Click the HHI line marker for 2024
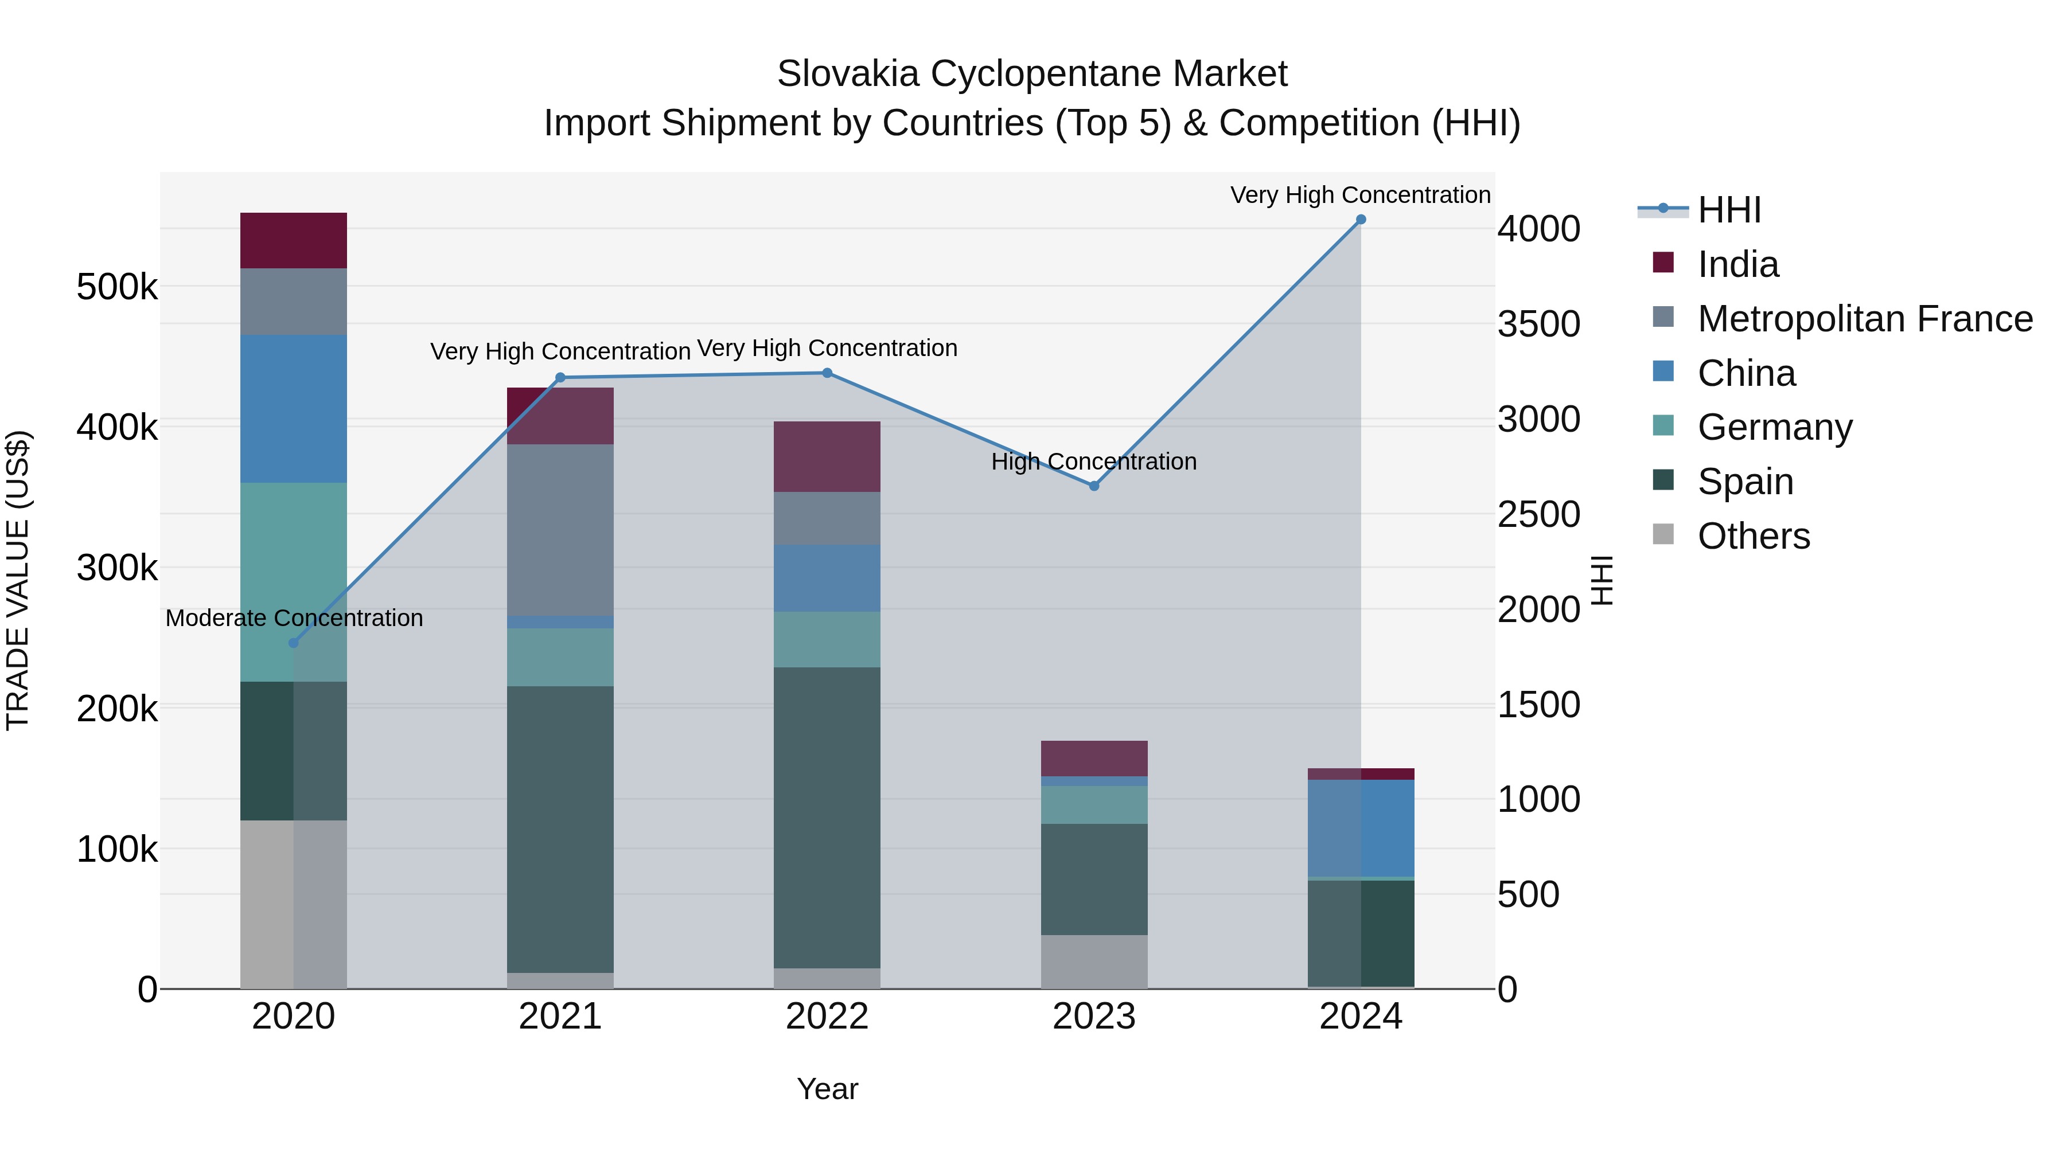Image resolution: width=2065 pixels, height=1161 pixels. (x=1361, y=220)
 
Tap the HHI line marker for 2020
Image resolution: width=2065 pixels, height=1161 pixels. (x=293, y=643)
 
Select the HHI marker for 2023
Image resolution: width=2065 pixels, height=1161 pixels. (x=1093, y=486)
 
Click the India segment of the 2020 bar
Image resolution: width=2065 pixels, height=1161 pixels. (x=293, y=240)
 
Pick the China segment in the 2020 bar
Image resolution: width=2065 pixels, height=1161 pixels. (x=293, y=409)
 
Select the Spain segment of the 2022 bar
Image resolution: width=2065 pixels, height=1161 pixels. (x=827, y=817)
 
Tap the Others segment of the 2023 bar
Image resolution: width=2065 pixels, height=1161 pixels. (x=1093, y=961)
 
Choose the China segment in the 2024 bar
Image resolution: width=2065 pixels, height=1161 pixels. (x=1361, y=828)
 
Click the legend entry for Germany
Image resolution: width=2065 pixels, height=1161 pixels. (x=1774, y=427)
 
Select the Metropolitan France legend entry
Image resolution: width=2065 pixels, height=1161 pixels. (x=1864, y=319)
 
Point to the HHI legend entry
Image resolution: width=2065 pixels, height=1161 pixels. (x=1728, y=210)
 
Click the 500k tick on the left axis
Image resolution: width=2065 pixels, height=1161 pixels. (x=117, y=287)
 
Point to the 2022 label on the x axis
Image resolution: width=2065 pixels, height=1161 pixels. (x=827, y=1017)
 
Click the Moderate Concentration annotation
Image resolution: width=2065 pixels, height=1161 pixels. (x=293, y=617)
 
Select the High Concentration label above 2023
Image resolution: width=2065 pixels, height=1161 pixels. (x=1093, y=462)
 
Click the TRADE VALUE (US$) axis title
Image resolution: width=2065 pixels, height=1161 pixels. (x=18, y=580)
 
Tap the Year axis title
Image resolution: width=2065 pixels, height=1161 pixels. (x=827, y=1089)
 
